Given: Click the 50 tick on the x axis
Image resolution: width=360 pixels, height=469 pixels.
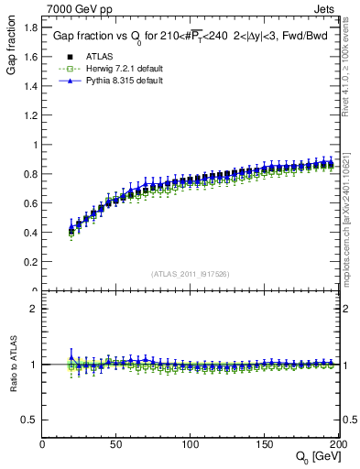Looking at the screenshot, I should (116, 443).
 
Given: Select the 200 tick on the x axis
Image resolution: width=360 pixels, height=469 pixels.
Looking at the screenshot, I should (336, 443).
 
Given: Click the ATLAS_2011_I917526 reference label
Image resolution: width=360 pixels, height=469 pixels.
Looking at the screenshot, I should (190, 274).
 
